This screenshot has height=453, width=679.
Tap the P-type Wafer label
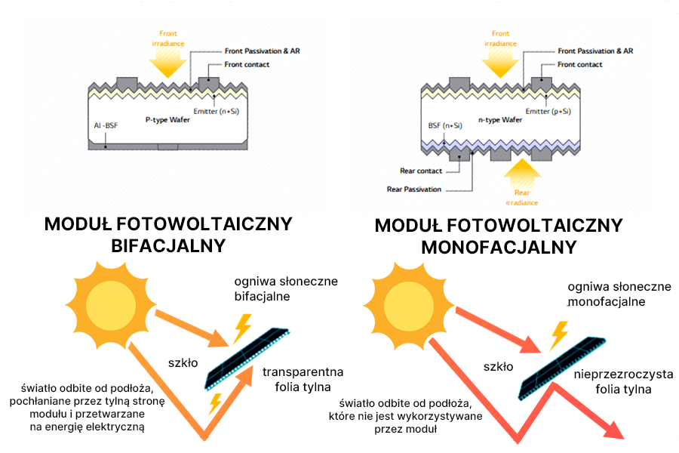point(167,119)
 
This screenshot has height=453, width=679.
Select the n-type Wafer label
point(499,119)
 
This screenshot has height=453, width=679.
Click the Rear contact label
point(421,171)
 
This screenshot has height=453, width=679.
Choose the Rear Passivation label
point(414,189)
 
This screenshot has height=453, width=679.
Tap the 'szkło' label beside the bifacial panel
point(183,362)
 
